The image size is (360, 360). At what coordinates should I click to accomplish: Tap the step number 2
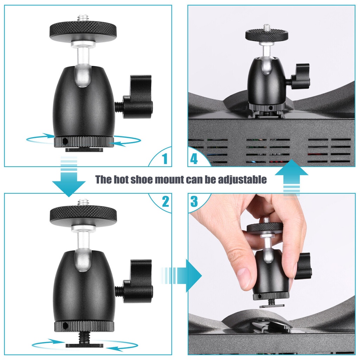tap(165, 201)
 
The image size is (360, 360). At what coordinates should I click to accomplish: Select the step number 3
tap(194, 201)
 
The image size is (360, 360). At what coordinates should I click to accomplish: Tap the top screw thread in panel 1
tap(83, 18)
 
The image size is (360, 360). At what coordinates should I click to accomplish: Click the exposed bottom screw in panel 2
tap(84, 336)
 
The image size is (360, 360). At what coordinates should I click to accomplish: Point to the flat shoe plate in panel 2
tap(84, 345)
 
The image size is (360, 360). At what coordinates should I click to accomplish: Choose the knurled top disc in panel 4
tap(266, 34)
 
